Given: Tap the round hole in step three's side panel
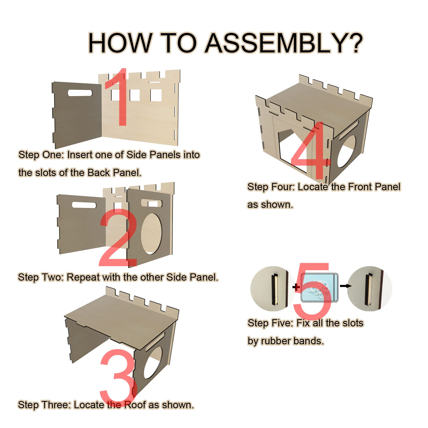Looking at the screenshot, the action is (153, 363).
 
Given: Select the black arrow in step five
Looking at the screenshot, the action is (345, 286).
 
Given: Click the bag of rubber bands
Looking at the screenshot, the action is (319, 288).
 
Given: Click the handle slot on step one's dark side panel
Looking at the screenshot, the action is (80, 93).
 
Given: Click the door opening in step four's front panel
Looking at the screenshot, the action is (292, 151).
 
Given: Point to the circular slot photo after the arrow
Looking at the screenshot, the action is (369, 289).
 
